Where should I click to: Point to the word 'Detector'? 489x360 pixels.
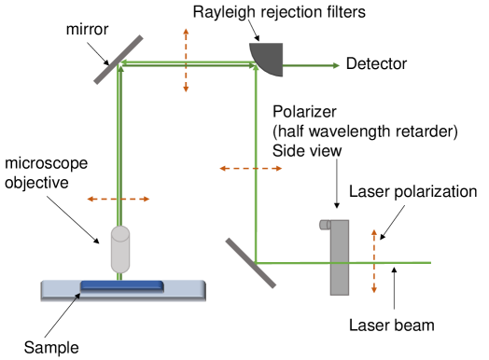coord(375,64)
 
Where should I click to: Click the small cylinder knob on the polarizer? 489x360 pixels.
coord(324,224)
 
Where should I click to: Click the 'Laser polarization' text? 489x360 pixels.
coord(414,191)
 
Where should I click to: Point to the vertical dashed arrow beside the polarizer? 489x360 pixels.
coord(374,260)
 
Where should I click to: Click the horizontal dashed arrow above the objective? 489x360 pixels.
coord(117,199)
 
